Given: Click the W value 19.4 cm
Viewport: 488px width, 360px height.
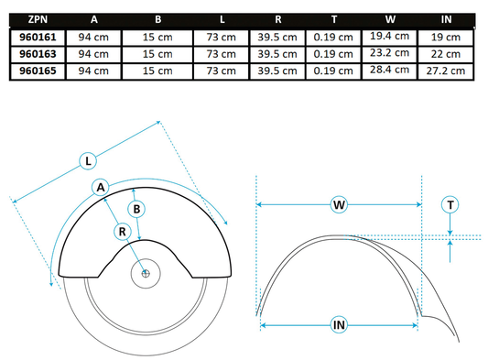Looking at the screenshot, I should point(387,36).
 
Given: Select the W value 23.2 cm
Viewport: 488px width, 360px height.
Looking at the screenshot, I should point(387,52).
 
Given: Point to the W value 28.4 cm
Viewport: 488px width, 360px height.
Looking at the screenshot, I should point(387,69).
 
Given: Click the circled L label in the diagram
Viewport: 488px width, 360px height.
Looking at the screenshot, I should point(88,161).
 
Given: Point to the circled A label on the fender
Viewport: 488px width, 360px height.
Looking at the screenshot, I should point(101,187).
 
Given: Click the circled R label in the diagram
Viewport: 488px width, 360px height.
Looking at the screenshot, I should point(122,233).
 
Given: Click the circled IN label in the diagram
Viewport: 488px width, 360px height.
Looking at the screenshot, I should point(340,324).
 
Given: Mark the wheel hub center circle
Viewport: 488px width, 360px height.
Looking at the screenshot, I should point(146,272).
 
